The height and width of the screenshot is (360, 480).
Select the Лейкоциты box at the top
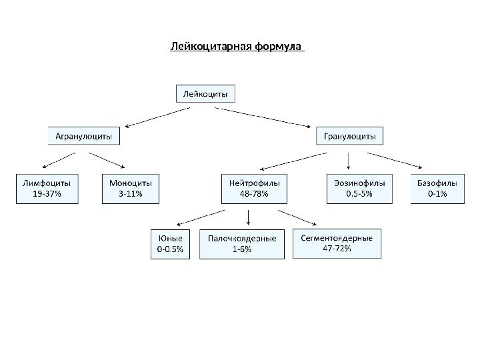205,94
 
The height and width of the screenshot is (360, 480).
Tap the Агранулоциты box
83,137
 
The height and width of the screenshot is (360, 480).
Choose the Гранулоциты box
349,137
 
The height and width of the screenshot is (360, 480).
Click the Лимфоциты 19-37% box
47,188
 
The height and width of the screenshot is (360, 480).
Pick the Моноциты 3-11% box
131,188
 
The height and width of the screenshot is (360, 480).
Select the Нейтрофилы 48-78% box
254,188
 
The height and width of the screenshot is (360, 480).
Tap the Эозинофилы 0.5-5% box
359,188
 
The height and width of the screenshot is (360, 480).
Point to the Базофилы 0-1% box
437,188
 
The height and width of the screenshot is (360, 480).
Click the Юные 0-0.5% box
172,244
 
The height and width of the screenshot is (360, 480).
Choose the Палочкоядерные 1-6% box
242,244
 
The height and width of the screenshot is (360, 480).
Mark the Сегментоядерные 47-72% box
337,244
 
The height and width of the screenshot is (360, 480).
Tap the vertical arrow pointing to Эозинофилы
349,161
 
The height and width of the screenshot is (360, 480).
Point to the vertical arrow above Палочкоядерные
248,217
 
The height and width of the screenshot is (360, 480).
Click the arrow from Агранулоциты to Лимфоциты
58,160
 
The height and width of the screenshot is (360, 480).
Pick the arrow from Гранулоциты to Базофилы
395,160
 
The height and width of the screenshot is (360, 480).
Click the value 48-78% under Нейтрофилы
254,194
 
